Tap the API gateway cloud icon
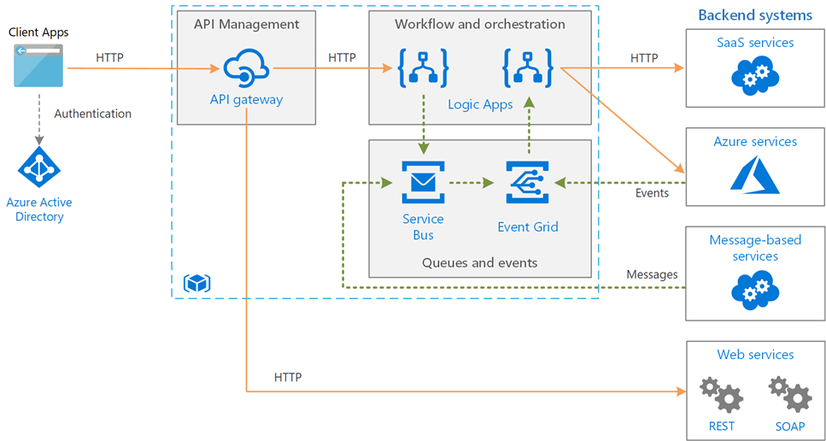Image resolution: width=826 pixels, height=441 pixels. click(x=246, y=69)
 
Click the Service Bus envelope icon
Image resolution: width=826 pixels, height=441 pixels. click(x=423, y=183)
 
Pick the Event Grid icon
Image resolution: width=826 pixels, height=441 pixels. click(x=527, y=183)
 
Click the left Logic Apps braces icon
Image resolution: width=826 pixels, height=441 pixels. click(x=423, y=68)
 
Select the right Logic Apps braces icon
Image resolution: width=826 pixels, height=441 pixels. click(x=528, y=68)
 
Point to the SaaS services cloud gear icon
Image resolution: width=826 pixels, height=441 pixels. click(x=755, y=74)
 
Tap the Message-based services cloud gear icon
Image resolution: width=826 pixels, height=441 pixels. click(x=755, y=290)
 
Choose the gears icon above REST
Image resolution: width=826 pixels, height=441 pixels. click(x=721, y=395)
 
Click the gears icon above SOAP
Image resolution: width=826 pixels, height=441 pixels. click(x=790, y=395)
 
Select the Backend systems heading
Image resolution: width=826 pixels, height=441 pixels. click(x=755, y=15)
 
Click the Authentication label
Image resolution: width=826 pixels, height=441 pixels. click(x=92, y=114)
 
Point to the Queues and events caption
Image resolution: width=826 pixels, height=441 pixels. click(x=480, y=262)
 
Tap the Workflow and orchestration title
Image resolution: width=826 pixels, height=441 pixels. click(x=480, y=24)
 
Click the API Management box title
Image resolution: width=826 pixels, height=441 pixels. click(x=246, y=24)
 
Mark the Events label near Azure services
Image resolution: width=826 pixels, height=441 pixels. click(x=652, y=193)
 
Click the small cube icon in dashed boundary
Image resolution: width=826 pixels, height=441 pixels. click(x=197, y=283)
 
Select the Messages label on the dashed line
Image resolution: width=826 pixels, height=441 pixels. click(x=652, y=274)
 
